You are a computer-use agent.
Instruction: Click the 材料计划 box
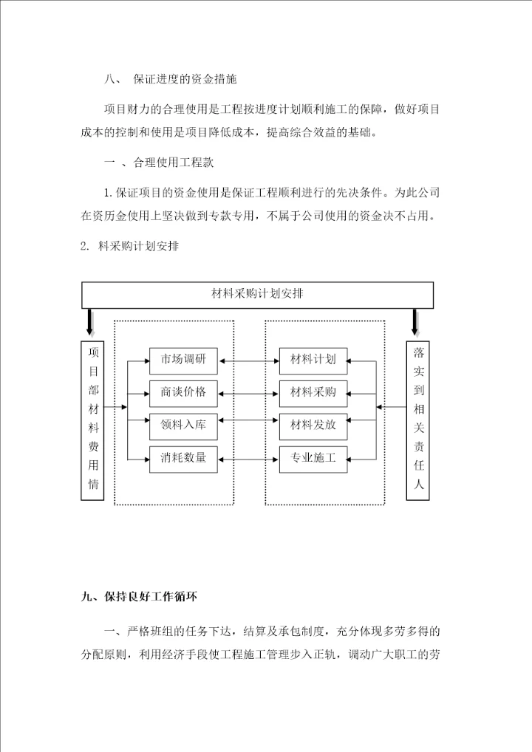pyautogui.click(x=313, y=360)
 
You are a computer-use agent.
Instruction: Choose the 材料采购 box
pyautogui.click(x=313, y=392)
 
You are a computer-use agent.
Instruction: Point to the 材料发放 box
pyautogui.click(x=313, y=425)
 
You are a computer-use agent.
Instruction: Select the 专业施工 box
pyautogui.click(x=313, y=459)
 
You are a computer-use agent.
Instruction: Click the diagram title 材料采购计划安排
pyautogui.click(x=256, y=294)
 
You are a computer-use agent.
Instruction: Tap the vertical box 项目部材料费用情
pyautogui.click(x=93, y=418)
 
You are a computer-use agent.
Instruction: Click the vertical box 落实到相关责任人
pyautogui.click(x=419, y=418)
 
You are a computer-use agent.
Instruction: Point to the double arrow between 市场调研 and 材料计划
pyautogui.click(x=249, y=361)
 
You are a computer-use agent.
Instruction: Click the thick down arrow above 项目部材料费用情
pyautogui.click(x=90, y=323)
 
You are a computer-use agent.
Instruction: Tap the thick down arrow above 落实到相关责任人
pyautogui.click(x=416, y=323)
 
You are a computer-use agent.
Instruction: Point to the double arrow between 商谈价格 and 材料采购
pyautogui.click(x=249, y=392)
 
